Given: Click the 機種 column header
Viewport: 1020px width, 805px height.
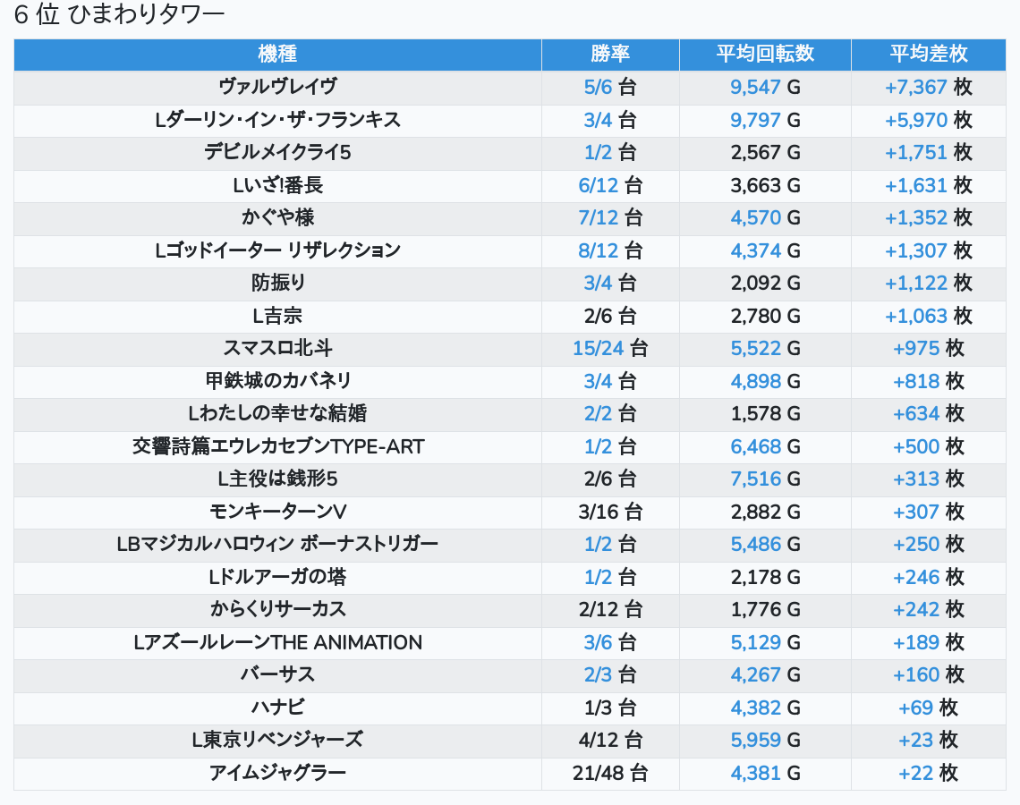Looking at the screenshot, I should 277,54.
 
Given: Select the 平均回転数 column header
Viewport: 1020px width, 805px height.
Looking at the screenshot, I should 765,54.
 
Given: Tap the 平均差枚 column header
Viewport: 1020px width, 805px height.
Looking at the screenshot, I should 929,54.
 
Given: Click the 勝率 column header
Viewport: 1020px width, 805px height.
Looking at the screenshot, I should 610,54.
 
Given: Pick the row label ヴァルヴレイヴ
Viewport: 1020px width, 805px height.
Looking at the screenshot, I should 277,87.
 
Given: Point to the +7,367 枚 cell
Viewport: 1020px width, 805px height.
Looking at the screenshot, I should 929,87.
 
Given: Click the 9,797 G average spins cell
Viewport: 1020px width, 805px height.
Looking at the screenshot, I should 765,120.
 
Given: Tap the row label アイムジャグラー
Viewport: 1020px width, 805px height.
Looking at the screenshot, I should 277,773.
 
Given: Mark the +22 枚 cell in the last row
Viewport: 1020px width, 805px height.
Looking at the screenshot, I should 929,773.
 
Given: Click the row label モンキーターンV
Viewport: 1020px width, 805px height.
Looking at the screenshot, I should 277,512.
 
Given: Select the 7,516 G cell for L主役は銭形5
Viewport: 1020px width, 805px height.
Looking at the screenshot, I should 765,479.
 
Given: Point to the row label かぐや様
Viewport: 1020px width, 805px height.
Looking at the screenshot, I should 277,217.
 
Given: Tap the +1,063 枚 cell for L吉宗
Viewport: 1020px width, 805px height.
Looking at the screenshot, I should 929,316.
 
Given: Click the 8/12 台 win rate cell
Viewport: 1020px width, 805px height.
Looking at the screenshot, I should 610,250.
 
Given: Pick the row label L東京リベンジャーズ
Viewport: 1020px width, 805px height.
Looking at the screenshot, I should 277,740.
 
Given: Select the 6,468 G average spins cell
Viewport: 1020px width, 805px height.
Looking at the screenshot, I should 765,446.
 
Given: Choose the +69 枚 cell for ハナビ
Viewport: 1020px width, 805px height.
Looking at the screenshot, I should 929,708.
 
